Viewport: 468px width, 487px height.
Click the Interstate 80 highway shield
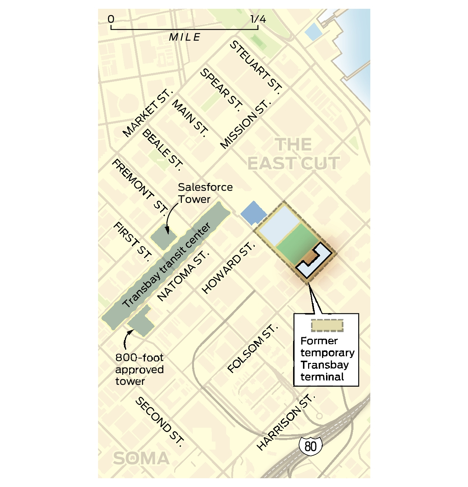tap(310, 446)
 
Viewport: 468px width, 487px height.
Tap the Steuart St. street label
tap(256, 68)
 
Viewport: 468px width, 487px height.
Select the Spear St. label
tap(221, 90)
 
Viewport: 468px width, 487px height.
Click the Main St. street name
tap(190, 118)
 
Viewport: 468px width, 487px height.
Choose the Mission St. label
tap(246, 124)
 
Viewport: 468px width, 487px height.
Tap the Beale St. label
tap(162, 150)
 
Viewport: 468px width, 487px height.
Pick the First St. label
tap(132, 242)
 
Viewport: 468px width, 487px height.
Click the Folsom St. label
tap(252, 348)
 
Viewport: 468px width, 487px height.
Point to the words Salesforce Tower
tap(205, 193)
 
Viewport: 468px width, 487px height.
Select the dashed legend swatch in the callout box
tap(327, 325)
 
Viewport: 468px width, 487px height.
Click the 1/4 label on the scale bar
tap(258, 19)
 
